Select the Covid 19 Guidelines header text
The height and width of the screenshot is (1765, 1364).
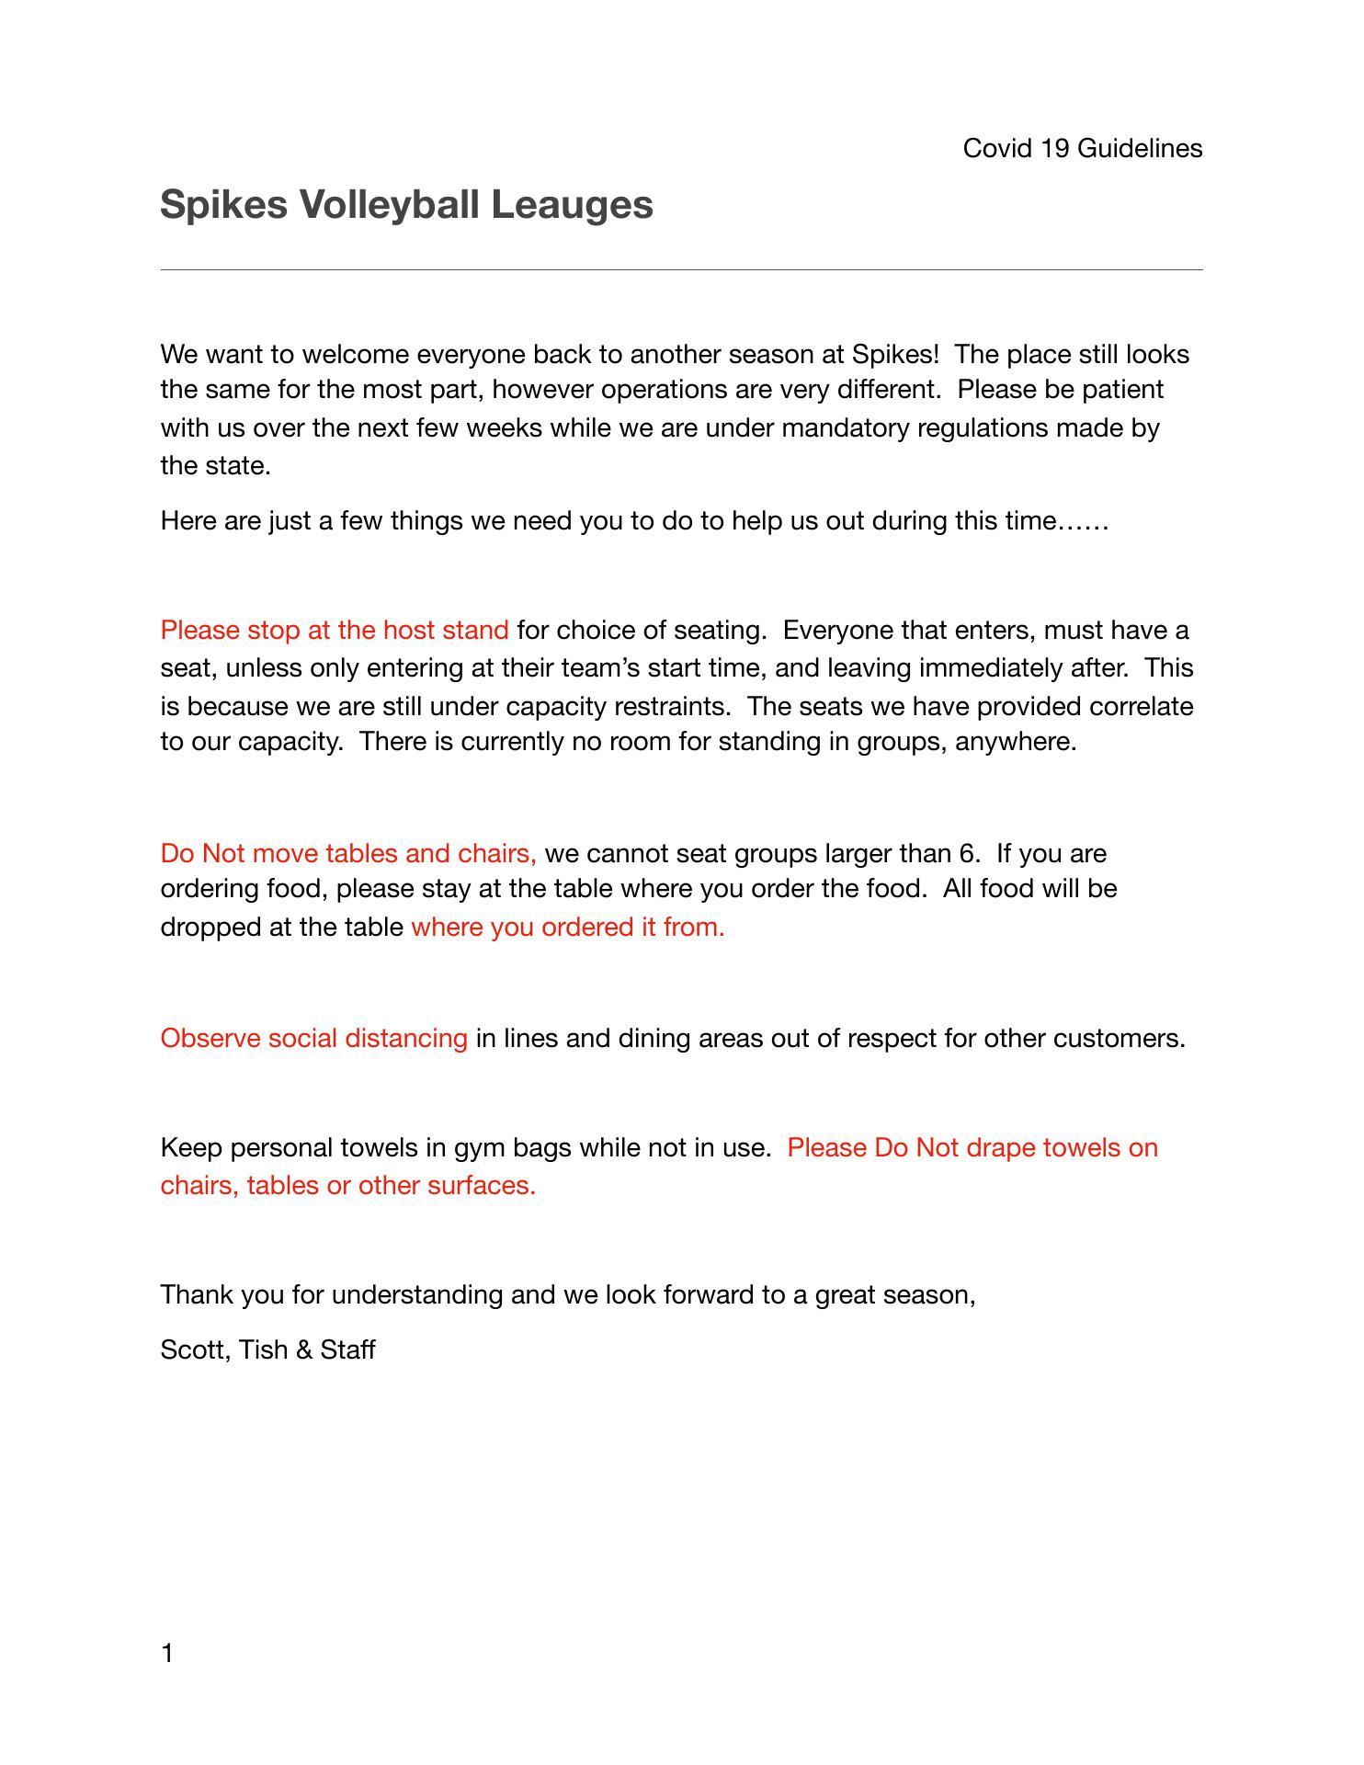pos(1082,148)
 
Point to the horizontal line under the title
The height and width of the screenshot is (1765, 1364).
pos(681,270)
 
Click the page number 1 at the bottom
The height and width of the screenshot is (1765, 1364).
pos(167,1654)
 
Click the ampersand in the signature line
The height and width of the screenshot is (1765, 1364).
pos(304,1349)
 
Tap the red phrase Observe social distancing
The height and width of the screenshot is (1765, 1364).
pos(313,1038)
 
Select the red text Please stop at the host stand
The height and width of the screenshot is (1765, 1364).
pos(334,630)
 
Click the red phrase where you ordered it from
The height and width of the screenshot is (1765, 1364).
pos(568,927)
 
